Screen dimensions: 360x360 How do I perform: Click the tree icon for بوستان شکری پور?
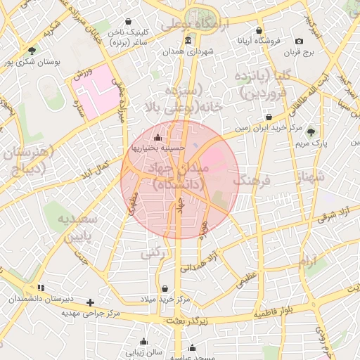(32, 50)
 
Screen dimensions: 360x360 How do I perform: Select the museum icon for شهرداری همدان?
(187, 40)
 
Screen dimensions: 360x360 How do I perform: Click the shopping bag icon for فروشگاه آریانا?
(259, 30)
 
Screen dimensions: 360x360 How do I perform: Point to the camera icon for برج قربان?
(299, 41)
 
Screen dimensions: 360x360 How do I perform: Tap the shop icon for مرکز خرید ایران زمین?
(268, 117)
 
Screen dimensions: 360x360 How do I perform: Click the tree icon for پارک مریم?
(311, 132)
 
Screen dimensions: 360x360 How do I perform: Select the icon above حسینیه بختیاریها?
(157, 137)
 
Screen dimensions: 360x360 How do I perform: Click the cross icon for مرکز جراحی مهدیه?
(90, 302)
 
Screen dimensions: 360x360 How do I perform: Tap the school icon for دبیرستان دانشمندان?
(41, 288)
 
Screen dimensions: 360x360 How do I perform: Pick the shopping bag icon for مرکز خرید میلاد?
(165, 288)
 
